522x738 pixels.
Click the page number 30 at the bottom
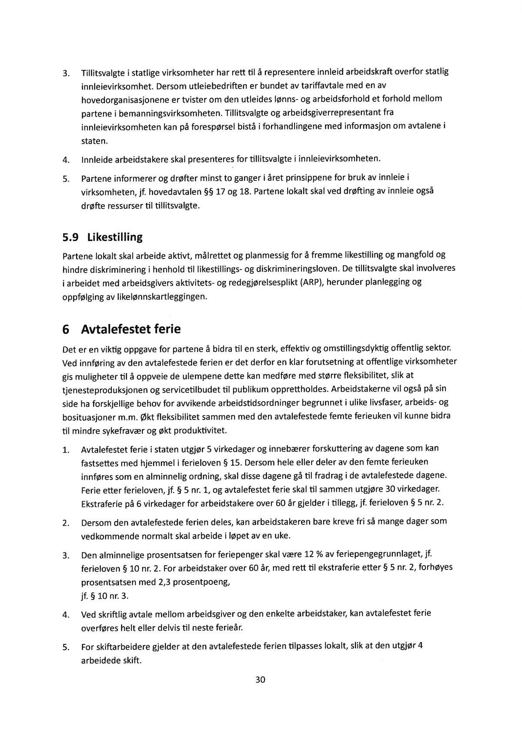260,680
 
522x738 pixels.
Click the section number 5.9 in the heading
70,238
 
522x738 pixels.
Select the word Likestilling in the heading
115,238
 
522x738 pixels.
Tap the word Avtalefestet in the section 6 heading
116,329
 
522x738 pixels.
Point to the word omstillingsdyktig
343,349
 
